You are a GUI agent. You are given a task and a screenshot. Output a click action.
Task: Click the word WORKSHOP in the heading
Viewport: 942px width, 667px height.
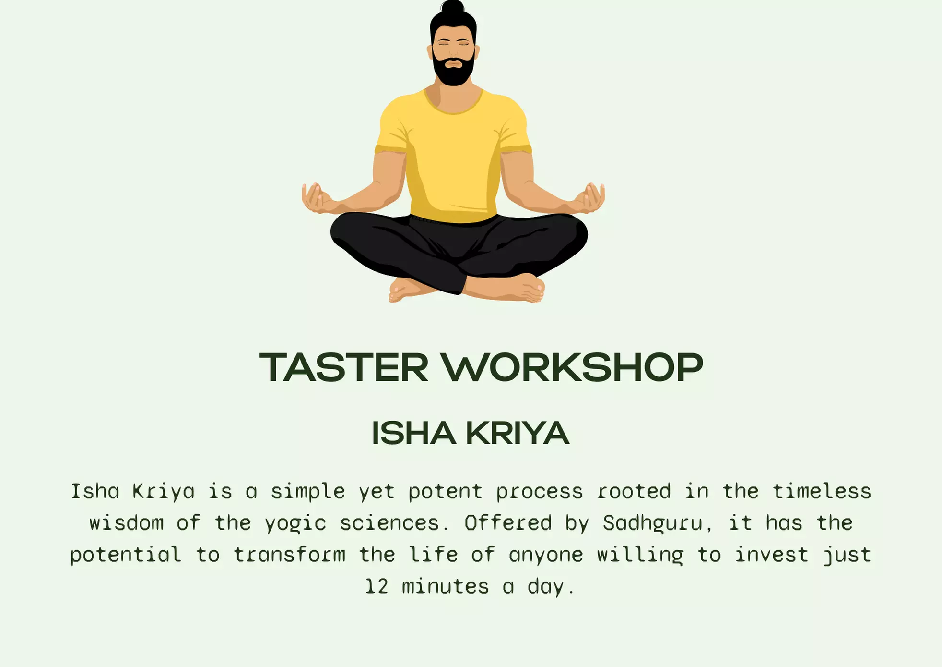click(x=572, y=368)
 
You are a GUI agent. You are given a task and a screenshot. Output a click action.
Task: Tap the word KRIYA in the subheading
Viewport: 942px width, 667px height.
click(x=518, y=433)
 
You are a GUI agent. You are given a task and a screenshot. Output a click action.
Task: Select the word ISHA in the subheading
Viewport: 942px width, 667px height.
click(x=413, y=433)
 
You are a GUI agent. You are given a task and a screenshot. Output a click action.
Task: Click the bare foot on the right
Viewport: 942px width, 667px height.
click(x=523, y=288)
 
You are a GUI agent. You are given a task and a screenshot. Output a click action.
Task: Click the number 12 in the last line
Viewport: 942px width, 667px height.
click(x=377, y=587)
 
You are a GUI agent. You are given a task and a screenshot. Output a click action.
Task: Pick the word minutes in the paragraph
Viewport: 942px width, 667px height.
click(x=445, y=587)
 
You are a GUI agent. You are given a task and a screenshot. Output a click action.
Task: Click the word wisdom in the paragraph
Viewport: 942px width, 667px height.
click(x=127, y=523)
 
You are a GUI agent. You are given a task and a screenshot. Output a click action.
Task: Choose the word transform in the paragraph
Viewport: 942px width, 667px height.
click(x=289, y=555)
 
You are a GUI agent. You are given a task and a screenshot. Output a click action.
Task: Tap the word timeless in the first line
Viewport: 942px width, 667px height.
click(x=822, y=492)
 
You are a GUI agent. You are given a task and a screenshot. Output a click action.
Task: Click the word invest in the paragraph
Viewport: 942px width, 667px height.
click(x=771, y=555)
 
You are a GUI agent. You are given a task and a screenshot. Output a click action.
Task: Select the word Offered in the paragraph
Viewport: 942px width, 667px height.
click(x=508, y=523)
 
